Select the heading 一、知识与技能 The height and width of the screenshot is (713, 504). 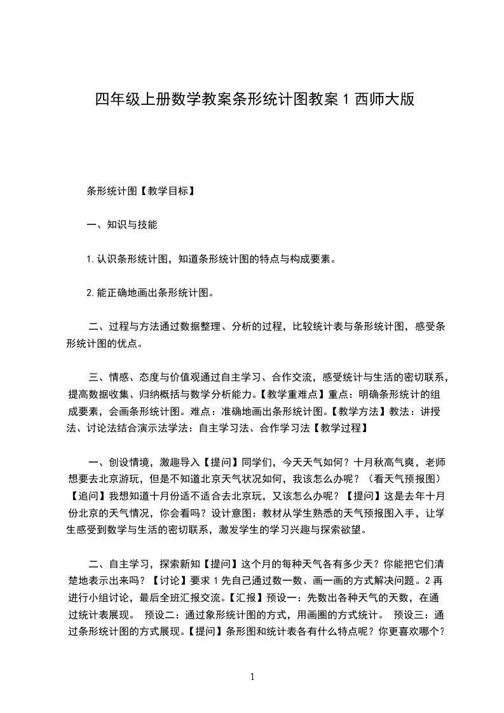pyautogui.click(x=122, y=224)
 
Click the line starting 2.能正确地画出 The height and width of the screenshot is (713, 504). pyautogui.click(x=149, y=293)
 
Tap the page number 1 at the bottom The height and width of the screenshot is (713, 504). pyautogui.click(x=252, y=677)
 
